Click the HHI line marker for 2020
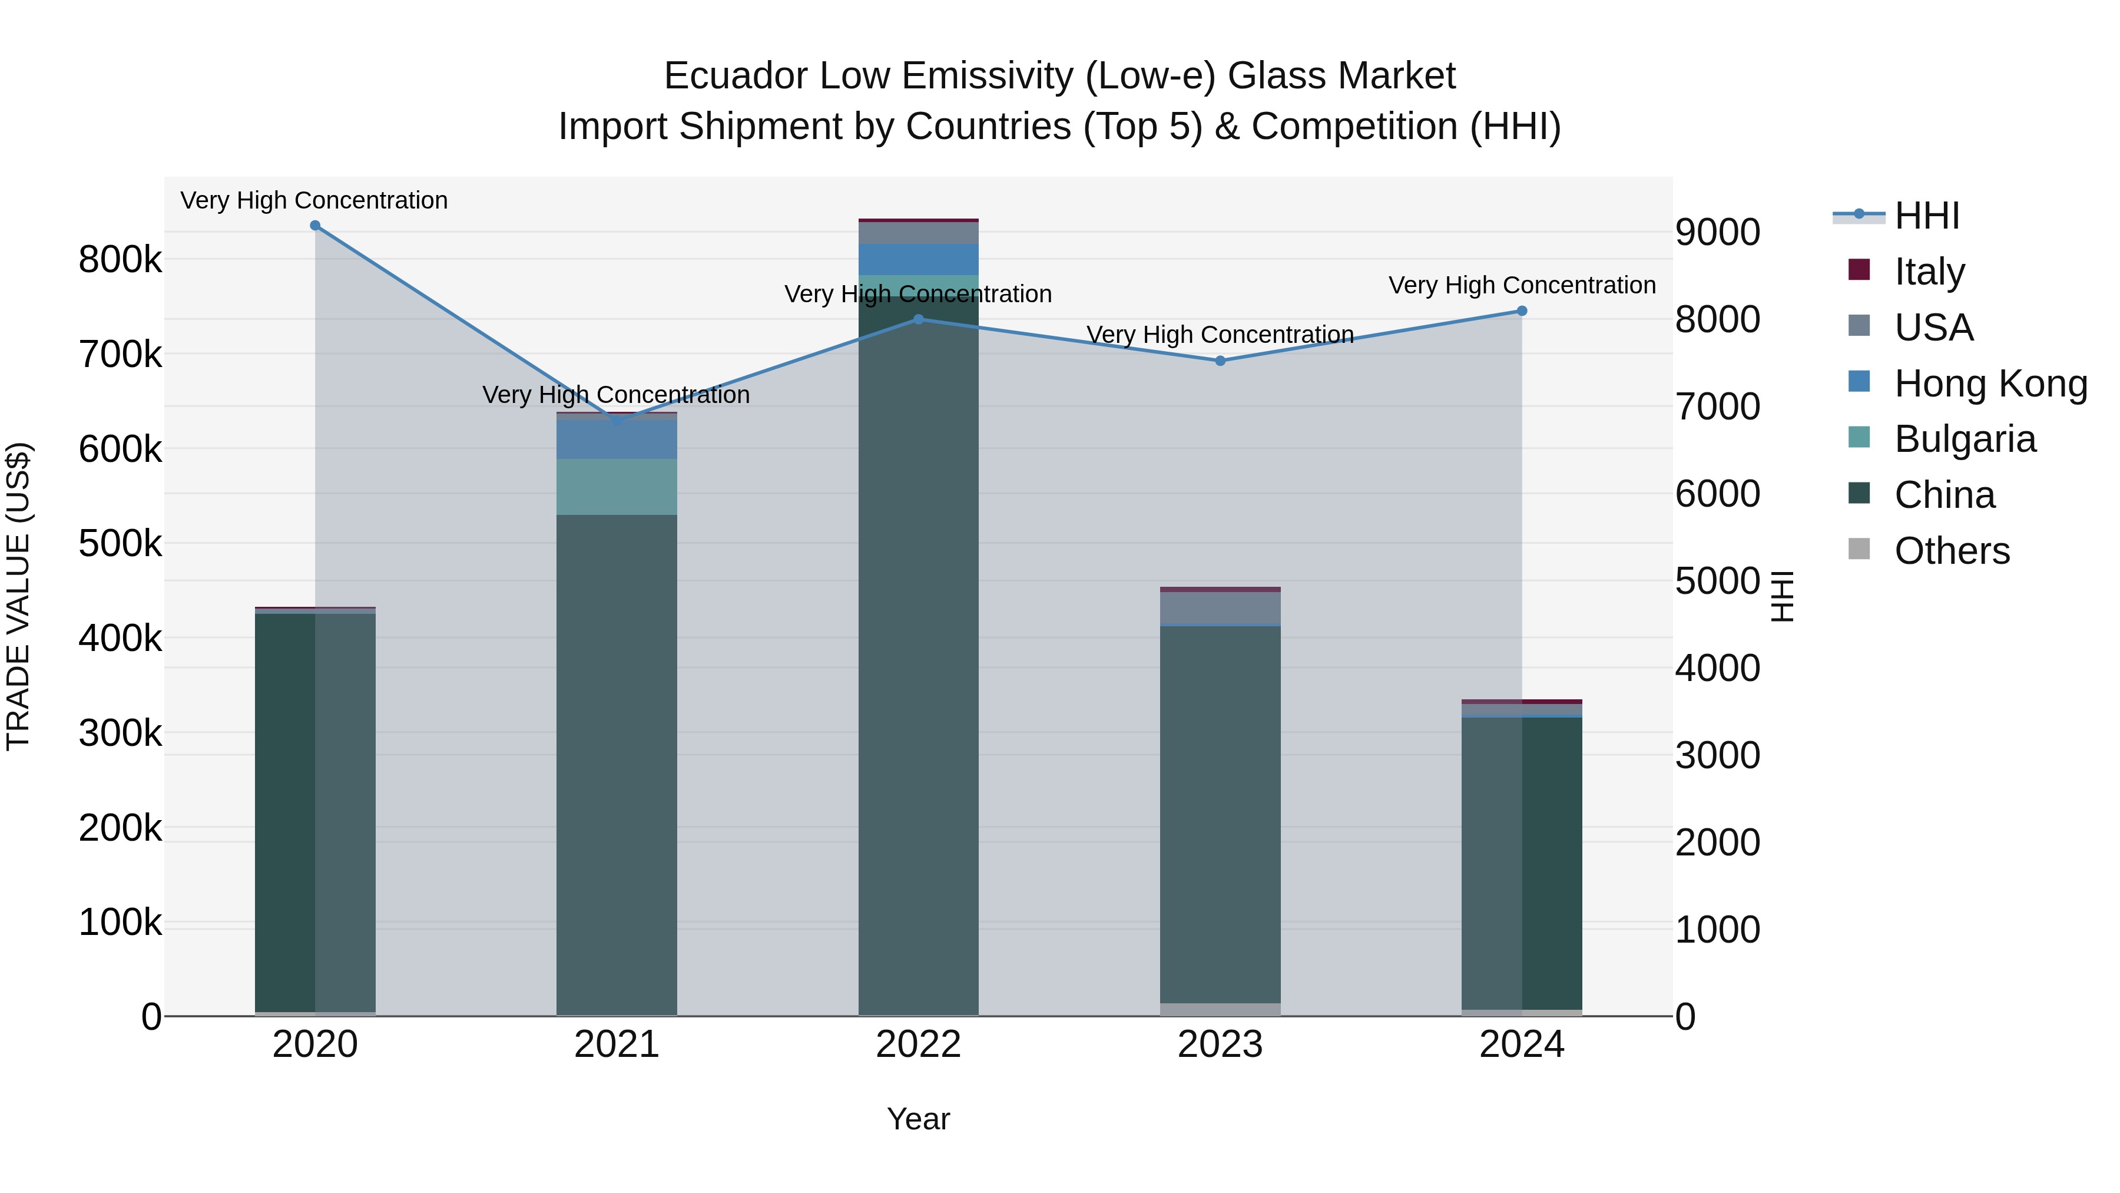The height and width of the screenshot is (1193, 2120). pyautogui.click(x=315, y=226)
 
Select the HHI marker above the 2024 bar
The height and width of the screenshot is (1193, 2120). pyautogui.click(x=1522, y=311)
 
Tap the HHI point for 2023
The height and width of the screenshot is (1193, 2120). pyautogui.click(x=1221, y=361)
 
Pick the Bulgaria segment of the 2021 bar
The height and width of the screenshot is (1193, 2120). pyautogui.click(x=617, y=487)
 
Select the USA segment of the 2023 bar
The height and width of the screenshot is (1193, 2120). pyautogui.click(x=1221, y=607)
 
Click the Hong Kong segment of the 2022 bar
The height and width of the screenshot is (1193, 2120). pyautogui.click(x=919, y=259)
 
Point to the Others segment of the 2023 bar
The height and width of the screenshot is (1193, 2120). pyautogui.click(x=1221, y=1009)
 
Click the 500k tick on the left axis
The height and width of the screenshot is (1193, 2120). pyautogui.click(x=120, y=543)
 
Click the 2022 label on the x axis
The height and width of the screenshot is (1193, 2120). pyautogui.click(x=919, y=1045)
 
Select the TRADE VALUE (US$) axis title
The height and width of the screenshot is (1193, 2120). pyautogui.click(x=18, y=596)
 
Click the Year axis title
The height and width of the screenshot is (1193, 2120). pyautogui.click(x=919, y=1119)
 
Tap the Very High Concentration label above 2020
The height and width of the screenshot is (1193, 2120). pyautogui.click(x=314, y=200)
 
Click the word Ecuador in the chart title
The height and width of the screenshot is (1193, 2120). pyautogui.click(x=735, y=76)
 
